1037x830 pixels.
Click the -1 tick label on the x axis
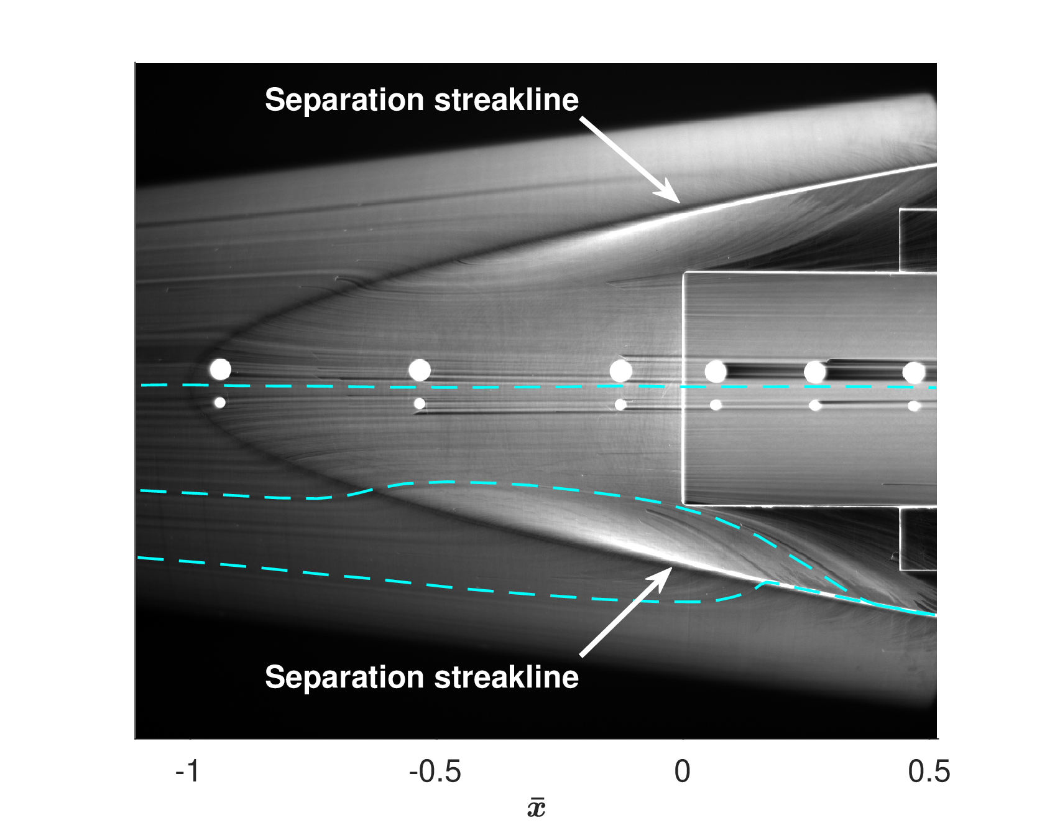point(187,772)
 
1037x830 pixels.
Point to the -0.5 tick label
point(435,772)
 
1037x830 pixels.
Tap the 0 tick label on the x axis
point(683,772)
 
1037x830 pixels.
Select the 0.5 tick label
point(929,772)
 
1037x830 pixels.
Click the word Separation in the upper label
point(345,100)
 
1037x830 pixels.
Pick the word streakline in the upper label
point(507,100)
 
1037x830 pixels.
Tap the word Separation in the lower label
point(345,678)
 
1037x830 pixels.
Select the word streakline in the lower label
point(507,677)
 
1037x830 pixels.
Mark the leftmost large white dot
point(221,370)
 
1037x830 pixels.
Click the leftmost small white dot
point(219,403)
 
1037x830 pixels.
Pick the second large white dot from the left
point(420,370)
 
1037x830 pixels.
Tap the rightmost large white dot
point(914,373)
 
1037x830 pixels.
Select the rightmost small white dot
point(914,406)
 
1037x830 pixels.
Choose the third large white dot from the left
point(620,371)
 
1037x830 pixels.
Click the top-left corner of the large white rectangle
point(683,273)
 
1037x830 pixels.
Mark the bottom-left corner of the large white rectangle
point(683,504)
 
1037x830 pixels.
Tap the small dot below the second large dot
point(420,404)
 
